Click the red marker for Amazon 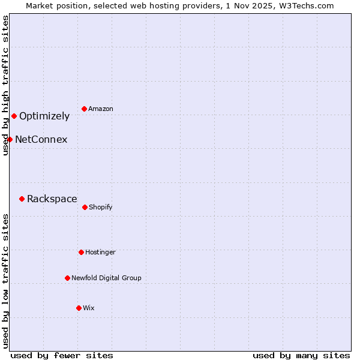[x=85, y=109]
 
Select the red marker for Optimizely [x=14, y=116]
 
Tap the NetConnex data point [x=10, y=139]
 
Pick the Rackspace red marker [x=22, y=199]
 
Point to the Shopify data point [x=85, y=207]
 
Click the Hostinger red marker [x=81, y=252]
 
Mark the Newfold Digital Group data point [x=67, y=278]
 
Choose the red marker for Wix [x=79, y=308]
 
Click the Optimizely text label [x=44, y=116]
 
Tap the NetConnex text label [x=41, y=140]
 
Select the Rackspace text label [x=52, y=199]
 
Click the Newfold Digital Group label [x=106, y=278]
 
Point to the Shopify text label [x=100, y=207]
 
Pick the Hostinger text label [x=100, y=252]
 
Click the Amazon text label [x=100, y=109]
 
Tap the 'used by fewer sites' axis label [x=62, y=355]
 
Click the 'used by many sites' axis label [x=301, y=355]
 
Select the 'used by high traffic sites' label [x=5, y=85]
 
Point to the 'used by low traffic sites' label [x=5, y=281]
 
